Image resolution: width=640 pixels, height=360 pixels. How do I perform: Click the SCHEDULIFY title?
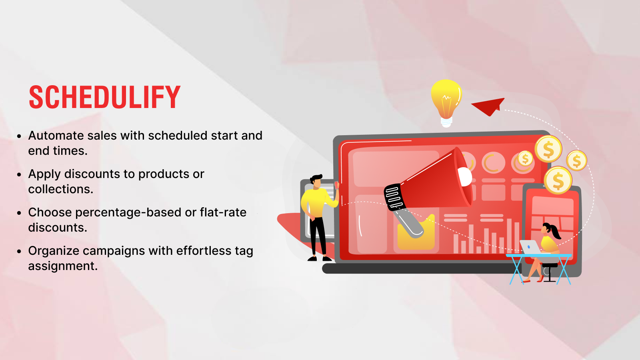pos(104,97)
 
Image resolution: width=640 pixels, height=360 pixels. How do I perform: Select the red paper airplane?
pos(488,106)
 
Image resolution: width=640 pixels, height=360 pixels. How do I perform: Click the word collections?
pos(60,189)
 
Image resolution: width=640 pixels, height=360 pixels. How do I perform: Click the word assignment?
pos(63,266)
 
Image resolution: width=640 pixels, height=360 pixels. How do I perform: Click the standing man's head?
pos(316,181)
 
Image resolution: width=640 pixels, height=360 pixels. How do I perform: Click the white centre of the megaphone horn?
pos(464,176)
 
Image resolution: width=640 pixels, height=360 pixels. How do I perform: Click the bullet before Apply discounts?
pos(19,174)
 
